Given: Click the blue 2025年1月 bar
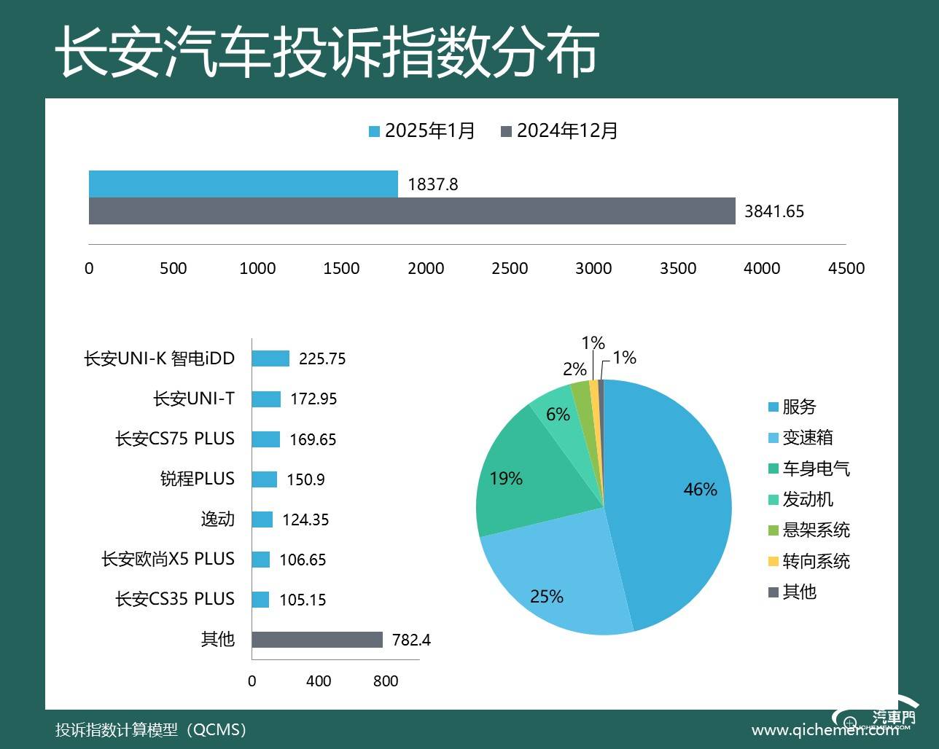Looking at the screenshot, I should (x=243, y=184).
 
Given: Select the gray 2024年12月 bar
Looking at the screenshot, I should (x=412, y=211).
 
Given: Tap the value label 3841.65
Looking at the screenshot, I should (x=774, y=212).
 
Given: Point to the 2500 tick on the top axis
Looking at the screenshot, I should (x=510, y=268).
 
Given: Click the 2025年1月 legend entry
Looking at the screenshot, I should (x=422, y=131).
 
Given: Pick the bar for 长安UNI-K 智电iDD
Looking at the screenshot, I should (x=270, y=358).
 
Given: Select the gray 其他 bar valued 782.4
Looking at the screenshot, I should (x=317, y=640).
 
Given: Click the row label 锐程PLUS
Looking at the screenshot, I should (x=197, y=479).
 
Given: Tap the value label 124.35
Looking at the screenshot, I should (x=305, y=520).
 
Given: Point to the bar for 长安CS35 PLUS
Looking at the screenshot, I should (x=261, y=600).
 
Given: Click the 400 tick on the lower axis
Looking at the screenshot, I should (x=319, y=681).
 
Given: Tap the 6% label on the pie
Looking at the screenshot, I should (x=558, y=415).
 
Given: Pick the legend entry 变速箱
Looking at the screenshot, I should (x=807, y=438).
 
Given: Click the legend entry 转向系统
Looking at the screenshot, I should (x=815, y=562).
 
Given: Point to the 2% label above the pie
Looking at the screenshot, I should (x=574, y=369).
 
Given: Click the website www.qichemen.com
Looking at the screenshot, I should (x=824, y=730).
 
